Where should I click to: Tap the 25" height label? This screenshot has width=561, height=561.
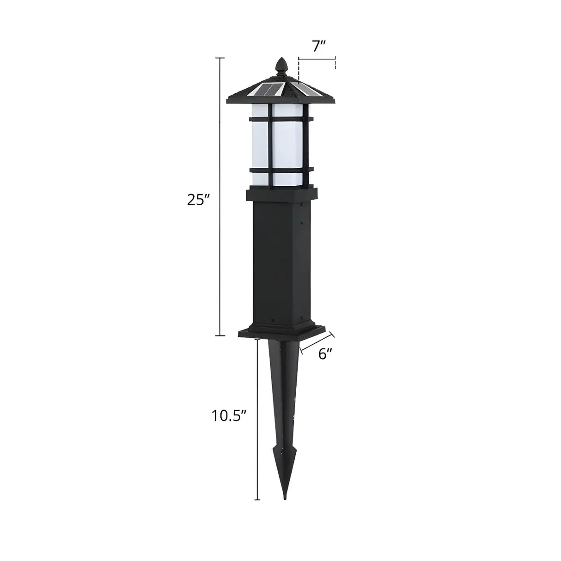[198, 200]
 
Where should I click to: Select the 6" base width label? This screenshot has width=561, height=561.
[325, 354]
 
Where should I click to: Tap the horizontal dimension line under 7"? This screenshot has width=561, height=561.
[317, 59]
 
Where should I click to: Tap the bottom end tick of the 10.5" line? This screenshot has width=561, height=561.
[258, 500]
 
